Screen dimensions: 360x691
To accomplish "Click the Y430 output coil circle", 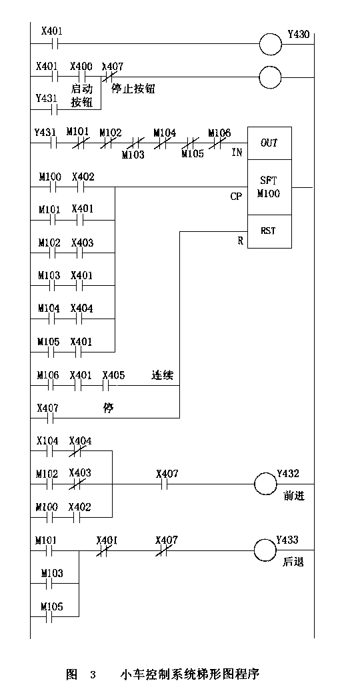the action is click(x=270, y=44).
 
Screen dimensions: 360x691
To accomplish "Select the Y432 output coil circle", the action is click(x=266, y=484).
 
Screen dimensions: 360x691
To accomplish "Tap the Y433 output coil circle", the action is click(x=266, y=550).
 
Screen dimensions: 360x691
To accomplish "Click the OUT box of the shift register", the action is click(x=269, y=143).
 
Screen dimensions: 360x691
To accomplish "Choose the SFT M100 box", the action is click(x=269, y=187).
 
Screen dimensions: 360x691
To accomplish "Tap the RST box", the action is click(x=269, y=231).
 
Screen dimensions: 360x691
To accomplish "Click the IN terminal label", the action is click(x=237, y=153).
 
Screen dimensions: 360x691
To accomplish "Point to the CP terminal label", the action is click(x=236, y=197).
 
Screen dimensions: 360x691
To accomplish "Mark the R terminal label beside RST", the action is click(x=241, y=241).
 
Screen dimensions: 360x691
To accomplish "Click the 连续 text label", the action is click(x=162, y=375).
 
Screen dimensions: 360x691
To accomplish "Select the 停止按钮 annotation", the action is click(x=133, y=89).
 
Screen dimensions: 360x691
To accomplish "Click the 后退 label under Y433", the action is click(x=293, y=562).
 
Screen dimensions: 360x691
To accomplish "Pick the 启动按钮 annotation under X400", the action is click(x=82, y=96).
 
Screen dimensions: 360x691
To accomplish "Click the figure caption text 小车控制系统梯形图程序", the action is click(x=189, y=674).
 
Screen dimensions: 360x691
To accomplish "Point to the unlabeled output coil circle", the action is click(x=270, y=77).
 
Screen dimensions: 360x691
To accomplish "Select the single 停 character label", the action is click(x=108, y=408).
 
